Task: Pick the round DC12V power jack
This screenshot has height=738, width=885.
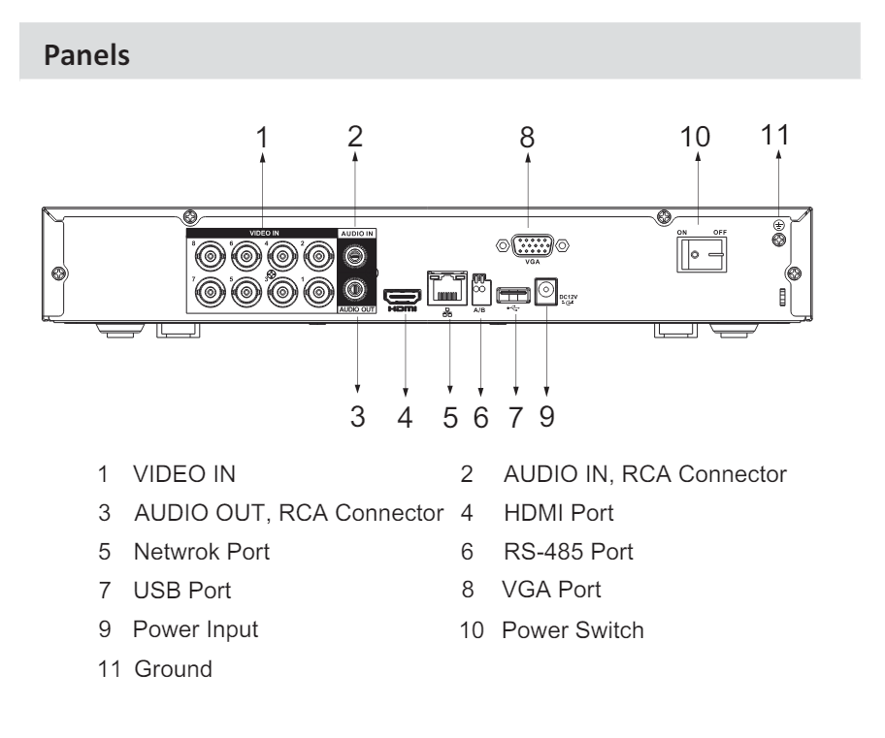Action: point(547,290)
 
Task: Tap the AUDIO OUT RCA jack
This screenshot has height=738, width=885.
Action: point(355,288)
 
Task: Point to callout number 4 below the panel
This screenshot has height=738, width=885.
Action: point(405,418)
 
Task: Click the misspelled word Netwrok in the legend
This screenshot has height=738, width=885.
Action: point(171,552)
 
